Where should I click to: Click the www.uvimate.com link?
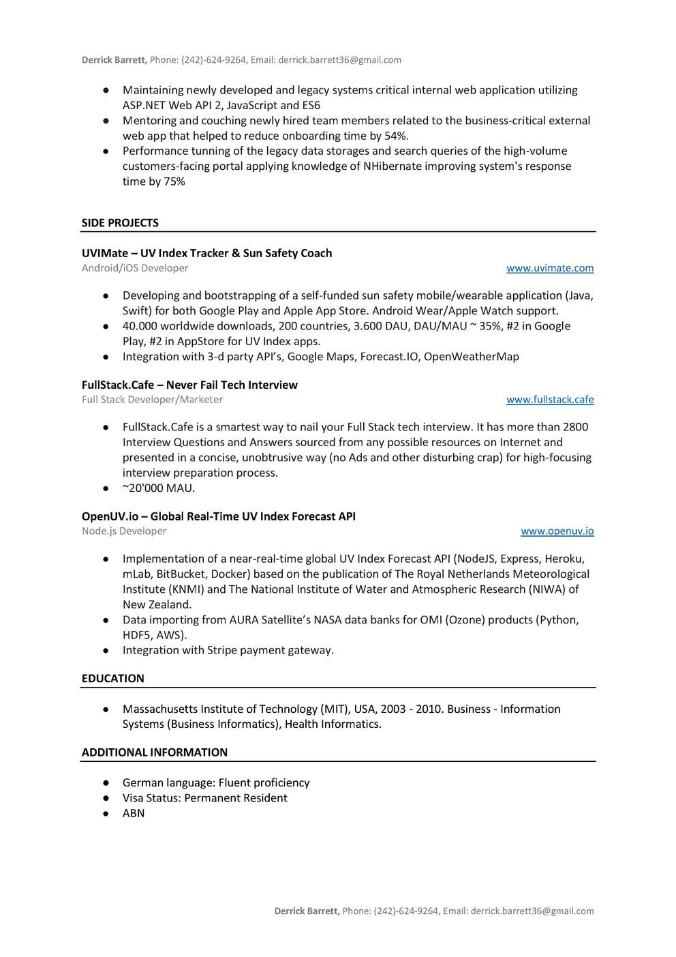(x=549, y=268)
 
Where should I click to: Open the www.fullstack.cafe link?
(x=549, y=400)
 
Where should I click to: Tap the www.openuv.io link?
(x=557, y=531)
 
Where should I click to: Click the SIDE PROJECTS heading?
(x=120, y=223)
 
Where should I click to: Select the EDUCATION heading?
(x=113, y=679)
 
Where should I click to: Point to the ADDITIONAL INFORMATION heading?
(x=155, y=752)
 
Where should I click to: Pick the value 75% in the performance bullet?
(x=174, y=181)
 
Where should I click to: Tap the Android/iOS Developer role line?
(x=135, y=268)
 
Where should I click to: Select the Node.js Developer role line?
(x=124, y=531)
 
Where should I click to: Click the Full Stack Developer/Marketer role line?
(x=152, y=400)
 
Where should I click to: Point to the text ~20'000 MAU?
(x=158, y=488)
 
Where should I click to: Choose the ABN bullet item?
(x=134, y=814)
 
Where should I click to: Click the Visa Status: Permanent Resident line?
(x=204, y=798)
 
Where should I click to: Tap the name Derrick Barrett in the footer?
(x=307, y=911)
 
